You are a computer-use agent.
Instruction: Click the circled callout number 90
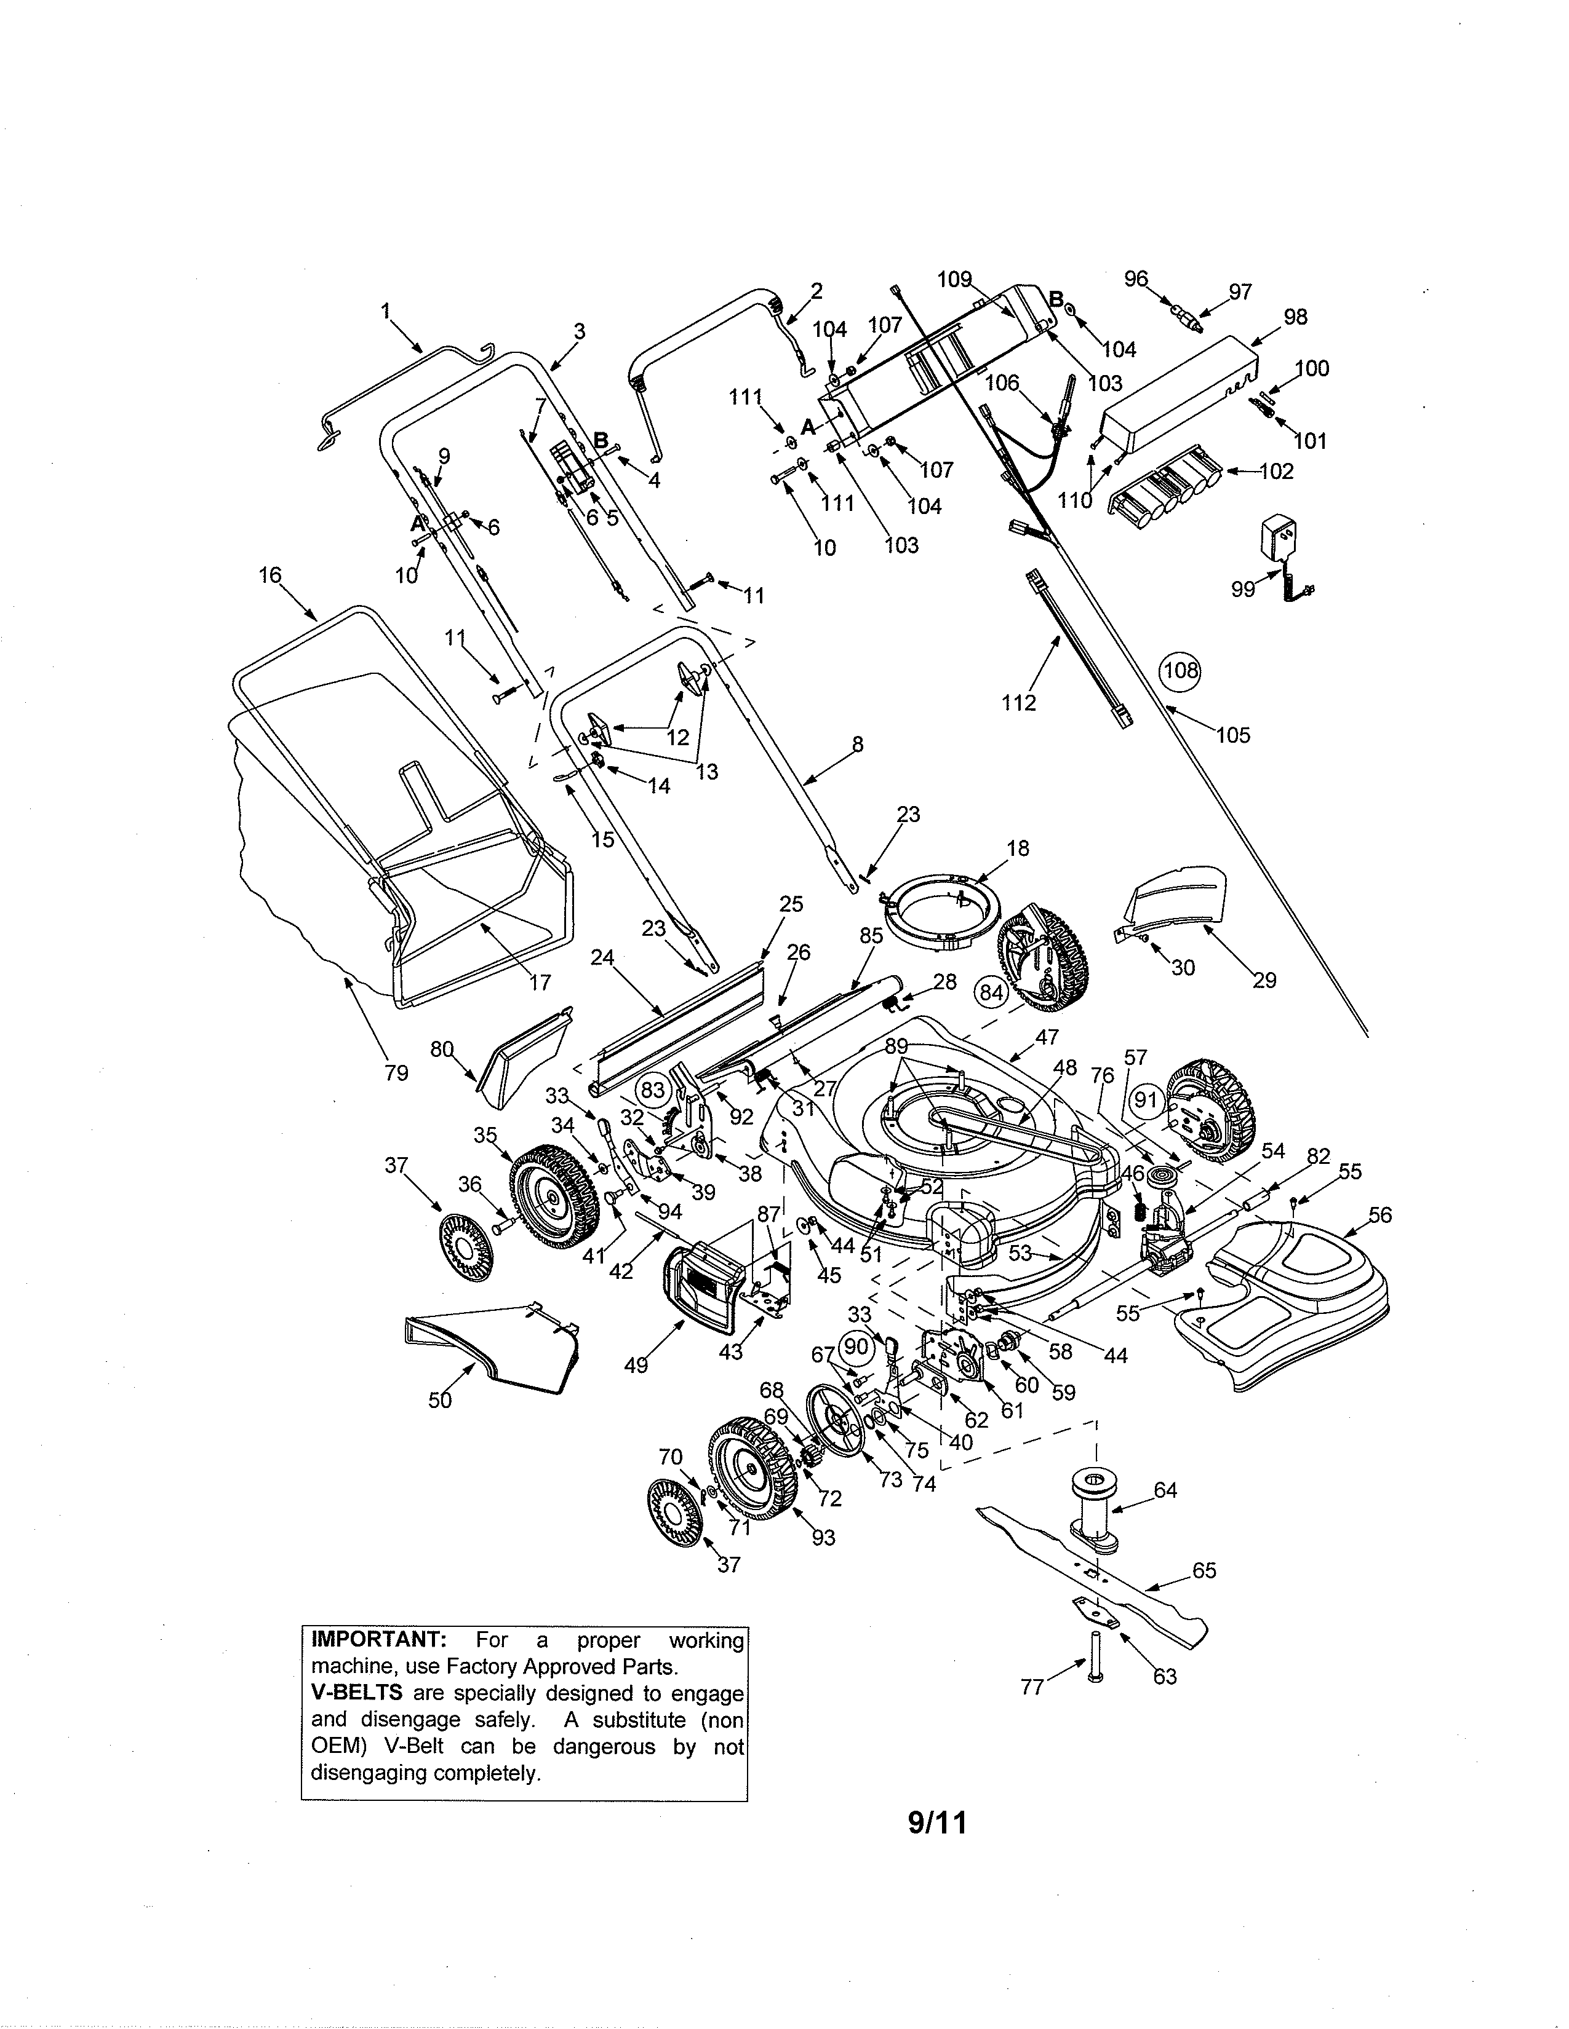856,1346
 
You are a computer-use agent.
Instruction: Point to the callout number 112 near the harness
1019,703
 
